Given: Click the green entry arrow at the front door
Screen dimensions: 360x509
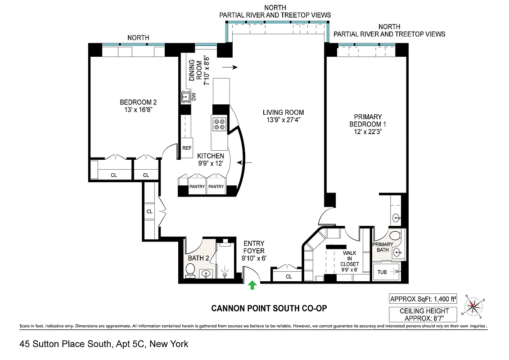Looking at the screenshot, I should click(252, 285).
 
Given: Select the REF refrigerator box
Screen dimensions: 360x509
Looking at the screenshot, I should click(187, 148).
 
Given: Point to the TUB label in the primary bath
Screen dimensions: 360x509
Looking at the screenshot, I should click(382, 272).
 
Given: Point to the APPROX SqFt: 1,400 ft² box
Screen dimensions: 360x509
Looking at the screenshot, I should click(423, 298).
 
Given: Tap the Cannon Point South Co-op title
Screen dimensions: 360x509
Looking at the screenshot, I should click(269, 309).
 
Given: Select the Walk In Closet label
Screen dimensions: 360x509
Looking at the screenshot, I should click(349, 259).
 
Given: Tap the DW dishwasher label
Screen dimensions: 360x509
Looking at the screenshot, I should click(194, 96).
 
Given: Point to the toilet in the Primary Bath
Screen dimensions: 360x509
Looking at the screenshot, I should click(395, 236).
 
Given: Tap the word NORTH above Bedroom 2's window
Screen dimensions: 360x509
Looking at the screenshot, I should click(138, 38).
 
